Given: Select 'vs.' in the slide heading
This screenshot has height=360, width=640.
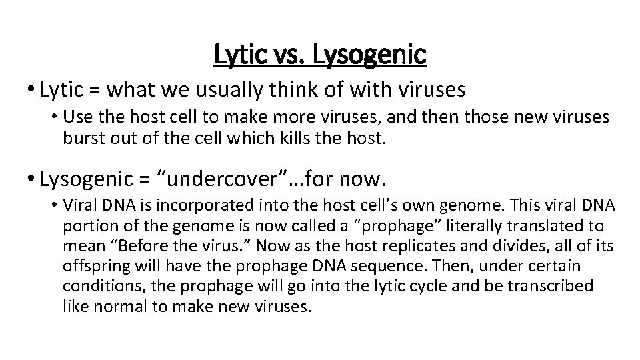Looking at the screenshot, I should tap(293, 55).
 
